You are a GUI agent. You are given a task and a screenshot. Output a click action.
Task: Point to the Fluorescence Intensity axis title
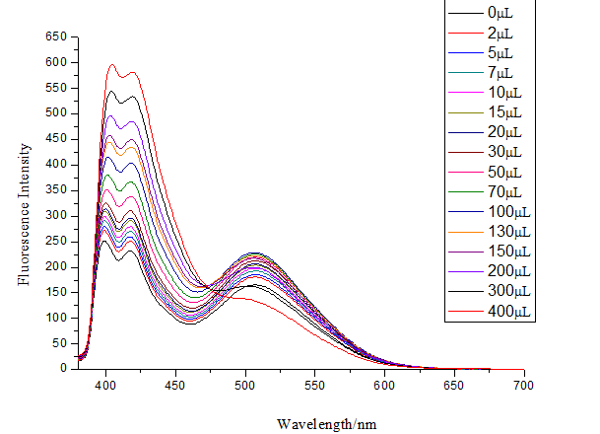(24, 203)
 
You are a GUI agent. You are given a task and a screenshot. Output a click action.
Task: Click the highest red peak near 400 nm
(112, 65)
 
